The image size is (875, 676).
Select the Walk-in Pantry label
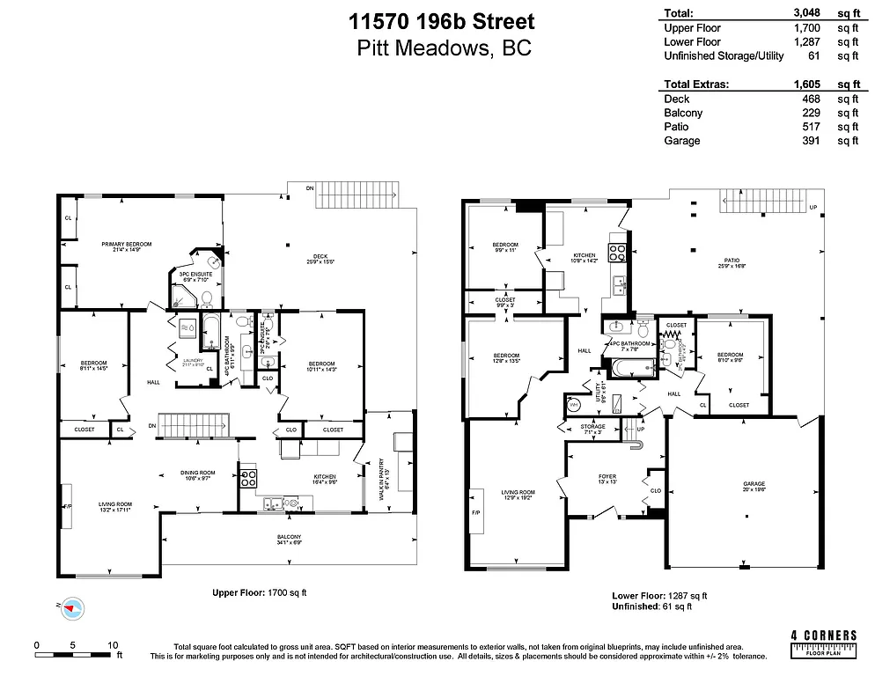(381, 477)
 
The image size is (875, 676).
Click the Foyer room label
(607, 479)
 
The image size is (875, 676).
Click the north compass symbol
(72, 607)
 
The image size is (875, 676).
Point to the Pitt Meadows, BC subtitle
(444, 49)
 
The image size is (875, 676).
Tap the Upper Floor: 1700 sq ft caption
(260, 592)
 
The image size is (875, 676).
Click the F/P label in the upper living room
(66, 507)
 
